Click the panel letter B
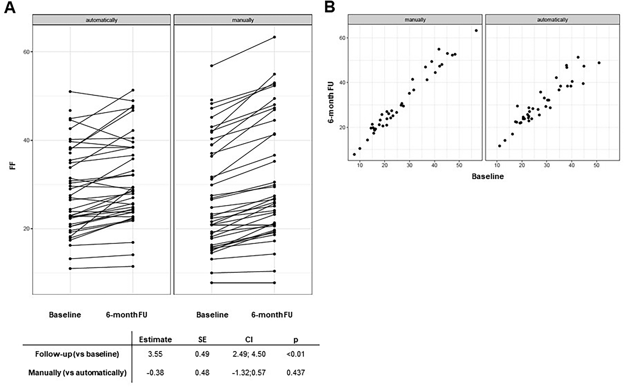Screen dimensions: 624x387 tap(330, 7)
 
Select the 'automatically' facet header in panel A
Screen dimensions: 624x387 tap(101, 20)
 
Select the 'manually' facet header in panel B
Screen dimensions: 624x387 tap(415, 19)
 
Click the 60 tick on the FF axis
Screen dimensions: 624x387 tap(26, 52)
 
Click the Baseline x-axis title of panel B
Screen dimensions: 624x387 tap(488, 176)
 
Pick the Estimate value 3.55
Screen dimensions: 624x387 tap(155, 354)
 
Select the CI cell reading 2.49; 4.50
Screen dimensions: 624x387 tap(249, 354)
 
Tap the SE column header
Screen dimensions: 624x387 tap(202, 339)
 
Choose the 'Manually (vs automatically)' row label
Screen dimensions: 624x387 tap(77, 373)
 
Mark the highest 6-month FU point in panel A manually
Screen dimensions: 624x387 tap(274, 37)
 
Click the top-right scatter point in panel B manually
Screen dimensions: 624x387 tap(476, 31)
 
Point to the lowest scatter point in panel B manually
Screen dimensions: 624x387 tap(354, 154)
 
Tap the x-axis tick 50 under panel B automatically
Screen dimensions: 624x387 tap(596, 165)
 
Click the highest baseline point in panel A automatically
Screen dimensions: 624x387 tap(70, 92)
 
